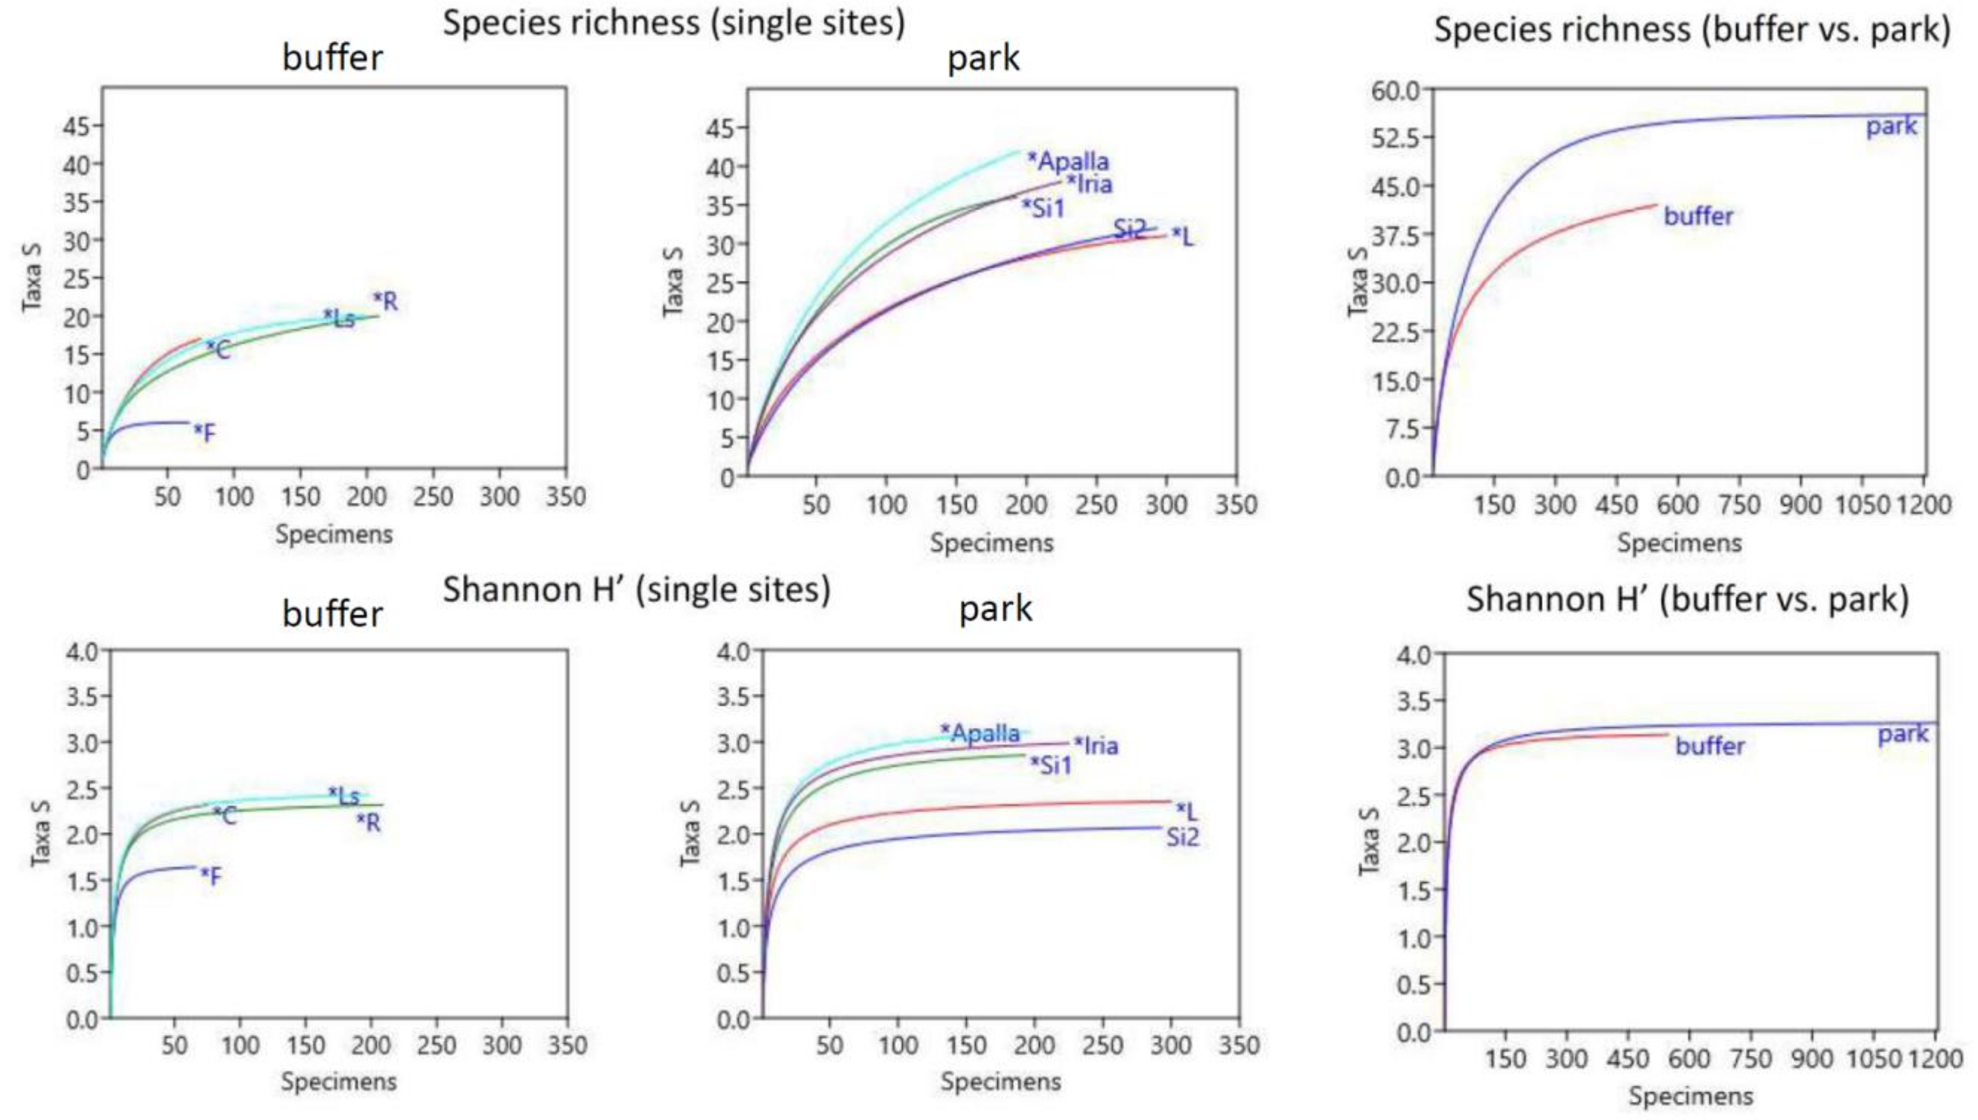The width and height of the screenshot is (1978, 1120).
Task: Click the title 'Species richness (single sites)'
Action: click(x=674, y=23)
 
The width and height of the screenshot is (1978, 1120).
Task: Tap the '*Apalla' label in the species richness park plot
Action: click(x=1068, y=161)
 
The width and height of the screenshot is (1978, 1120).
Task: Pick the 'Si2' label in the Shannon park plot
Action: click(x=1182, y=837)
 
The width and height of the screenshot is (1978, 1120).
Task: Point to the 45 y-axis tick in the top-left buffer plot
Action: click(x=76, y=126)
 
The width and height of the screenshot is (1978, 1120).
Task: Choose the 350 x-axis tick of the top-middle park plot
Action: click(x=1236, y=505)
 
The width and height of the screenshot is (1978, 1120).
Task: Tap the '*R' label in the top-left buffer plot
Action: click(x=386, y=301)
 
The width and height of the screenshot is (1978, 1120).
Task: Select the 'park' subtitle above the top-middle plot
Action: click(x=983, y=59)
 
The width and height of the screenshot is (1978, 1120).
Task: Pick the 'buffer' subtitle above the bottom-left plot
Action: click(x=332, y=614)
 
